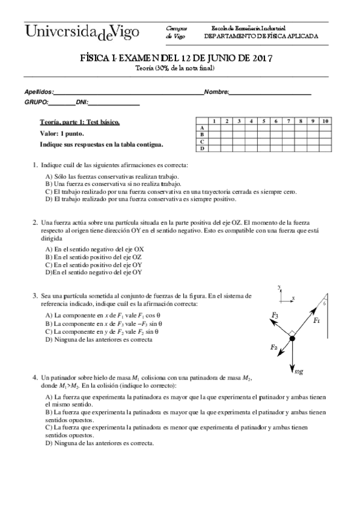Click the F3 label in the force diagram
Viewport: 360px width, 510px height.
click(x=275, y=315)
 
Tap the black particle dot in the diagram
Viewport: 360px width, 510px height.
click(x=291, y=339)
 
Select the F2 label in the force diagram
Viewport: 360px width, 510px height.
click(x=274, y=348)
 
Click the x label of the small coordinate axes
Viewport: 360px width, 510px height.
click(x=293, y=298)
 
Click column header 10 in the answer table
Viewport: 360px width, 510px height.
click(x=325, y=121)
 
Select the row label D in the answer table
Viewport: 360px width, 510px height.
click(x=203, y=147)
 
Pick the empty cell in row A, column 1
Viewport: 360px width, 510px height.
click(x=214, y=127)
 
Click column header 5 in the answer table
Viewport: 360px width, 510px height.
click(x=264, y=121)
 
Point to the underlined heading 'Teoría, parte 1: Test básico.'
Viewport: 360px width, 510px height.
click(x=79, y=122)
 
